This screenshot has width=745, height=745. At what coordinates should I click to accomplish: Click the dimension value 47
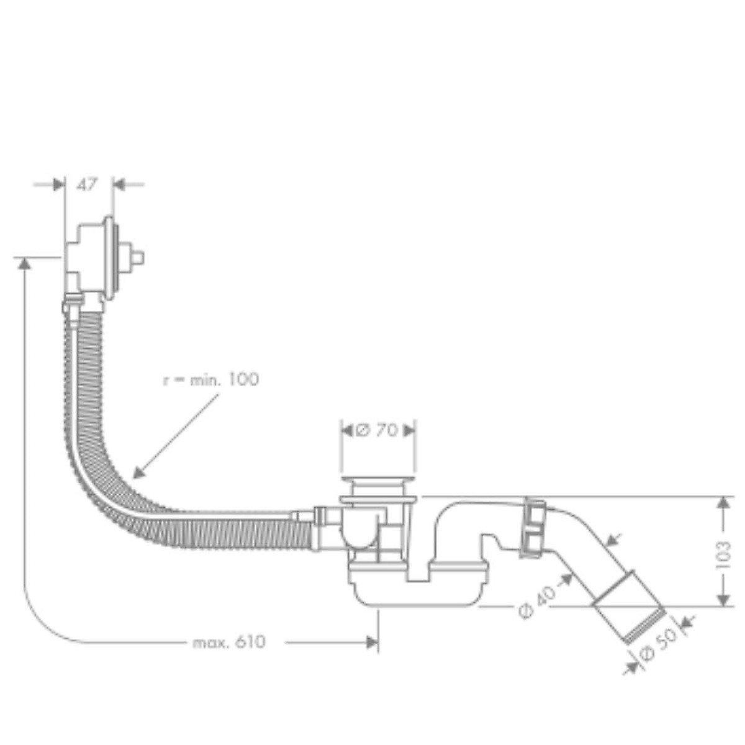(x=86, y=185)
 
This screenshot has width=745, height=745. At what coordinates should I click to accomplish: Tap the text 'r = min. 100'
(x=210, y=380)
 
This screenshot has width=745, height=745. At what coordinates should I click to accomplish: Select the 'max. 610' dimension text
(x=229, y=642)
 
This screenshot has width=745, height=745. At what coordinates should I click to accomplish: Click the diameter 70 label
(x=377, y=430)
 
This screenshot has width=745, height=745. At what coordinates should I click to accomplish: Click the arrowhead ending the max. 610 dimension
(x=371, y=642)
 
